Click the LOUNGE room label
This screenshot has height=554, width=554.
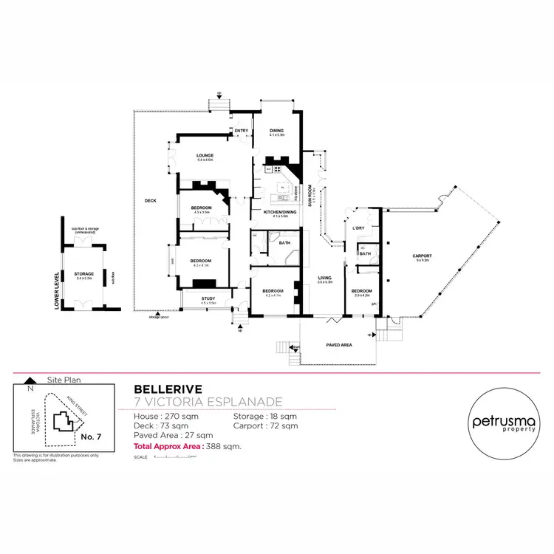[x=205, y=155]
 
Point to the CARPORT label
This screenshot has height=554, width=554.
[x=423, y=256]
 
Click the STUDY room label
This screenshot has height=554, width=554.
[x=208, y=298]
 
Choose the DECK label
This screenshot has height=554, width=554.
[x=151, y=200]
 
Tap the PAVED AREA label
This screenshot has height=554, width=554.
[x=339, y=345]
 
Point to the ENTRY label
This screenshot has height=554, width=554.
[x=241, y=131]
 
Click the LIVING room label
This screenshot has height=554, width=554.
[x=324, y=278]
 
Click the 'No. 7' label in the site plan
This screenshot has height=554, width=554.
[x=90, y=437]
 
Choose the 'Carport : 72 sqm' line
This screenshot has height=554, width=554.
[x=265, y=426]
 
